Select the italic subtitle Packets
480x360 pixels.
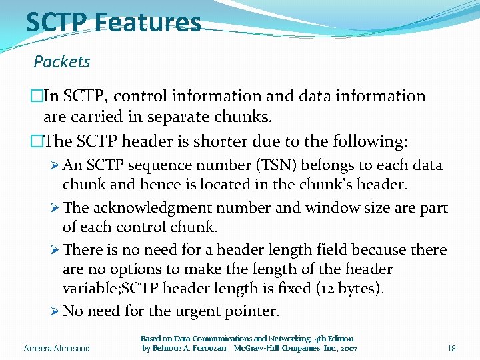62,62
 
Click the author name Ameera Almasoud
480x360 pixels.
57,349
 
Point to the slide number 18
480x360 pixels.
451,349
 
